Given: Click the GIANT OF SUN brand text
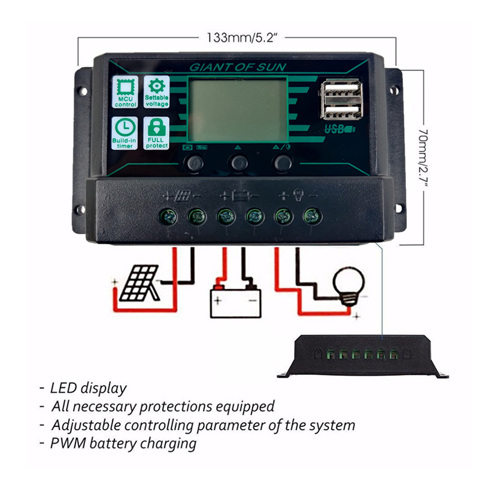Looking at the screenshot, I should tap(238, 67).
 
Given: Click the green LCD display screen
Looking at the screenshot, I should tap(238, 111).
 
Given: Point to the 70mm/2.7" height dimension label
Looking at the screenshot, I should tap(425, 155).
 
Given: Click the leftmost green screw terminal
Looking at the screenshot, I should tap(168, 216).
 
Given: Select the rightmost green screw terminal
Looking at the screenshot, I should tap(310, 216).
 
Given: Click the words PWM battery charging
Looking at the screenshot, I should tap(123, 444).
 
